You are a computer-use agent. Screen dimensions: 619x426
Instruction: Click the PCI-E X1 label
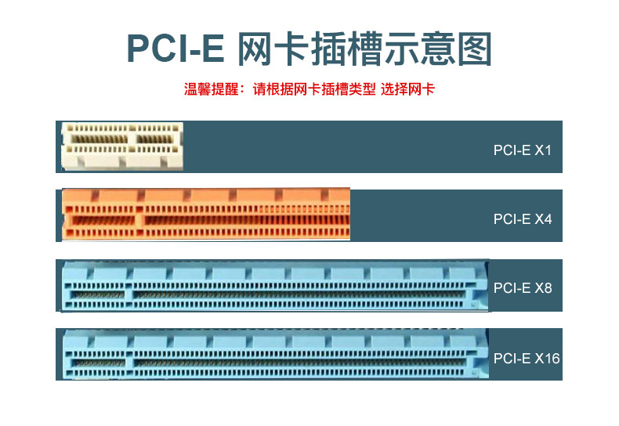(522, 150)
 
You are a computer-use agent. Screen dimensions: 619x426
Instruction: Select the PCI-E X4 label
(523, 219)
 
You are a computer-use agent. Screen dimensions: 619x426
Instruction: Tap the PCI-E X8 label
(523, 288)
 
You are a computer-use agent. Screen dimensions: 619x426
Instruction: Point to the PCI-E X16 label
(527, 359)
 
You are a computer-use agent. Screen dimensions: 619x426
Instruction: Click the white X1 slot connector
(122, 146)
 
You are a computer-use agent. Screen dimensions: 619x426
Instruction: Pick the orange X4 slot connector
(206, 214)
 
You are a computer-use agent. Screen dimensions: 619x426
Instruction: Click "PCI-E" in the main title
(176, 49)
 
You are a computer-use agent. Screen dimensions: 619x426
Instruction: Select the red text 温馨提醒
(212, 89)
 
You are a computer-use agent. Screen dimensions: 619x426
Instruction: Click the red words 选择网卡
(407, 89)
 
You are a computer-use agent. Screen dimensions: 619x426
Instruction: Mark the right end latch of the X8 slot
(478, 286)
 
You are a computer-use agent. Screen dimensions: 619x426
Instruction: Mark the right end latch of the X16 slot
(478, 356)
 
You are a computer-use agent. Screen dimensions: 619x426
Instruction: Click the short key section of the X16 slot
(96, 362)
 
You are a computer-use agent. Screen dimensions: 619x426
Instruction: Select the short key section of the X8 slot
(96, 294)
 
